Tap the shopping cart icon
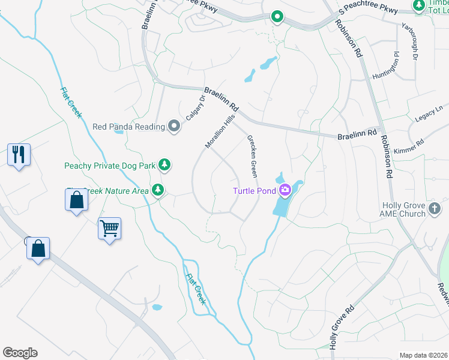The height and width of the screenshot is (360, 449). [109, 228]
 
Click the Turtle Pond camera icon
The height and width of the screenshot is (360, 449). [285, 191]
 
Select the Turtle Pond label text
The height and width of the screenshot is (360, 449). [255, 191]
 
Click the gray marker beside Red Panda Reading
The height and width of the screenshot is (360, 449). [174, 126]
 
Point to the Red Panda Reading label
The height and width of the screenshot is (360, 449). [128, 127]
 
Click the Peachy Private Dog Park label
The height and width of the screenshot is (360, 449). [110, 165]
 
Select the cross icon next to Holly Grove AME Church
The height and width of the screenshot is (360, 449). [435, 209]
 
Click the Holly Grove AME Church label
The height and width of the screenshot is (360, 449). [404, 209]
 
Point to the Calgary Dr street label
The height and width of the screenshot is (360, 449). [195, 109]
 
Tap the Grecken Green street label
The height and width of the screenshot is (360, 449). [252, 156]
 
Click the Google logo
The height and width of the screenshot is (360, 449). [20, 353]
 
